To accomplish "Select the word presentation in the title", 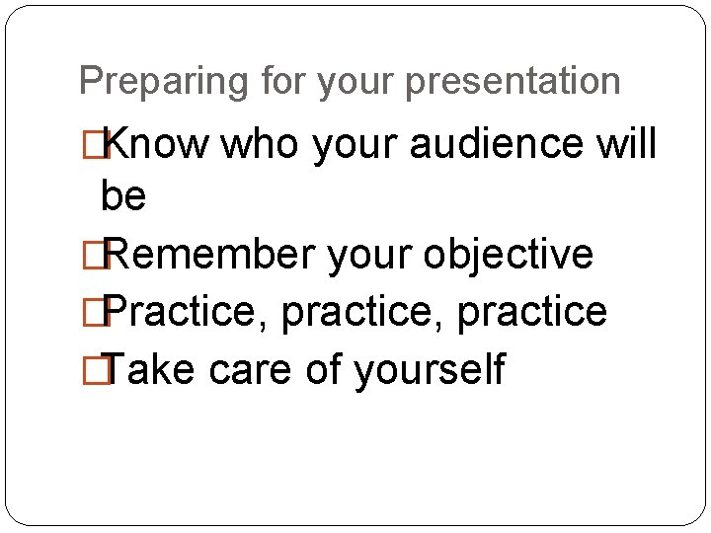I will [x=513, y=81].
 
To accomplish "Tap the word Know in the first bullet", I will [x=156, y=144].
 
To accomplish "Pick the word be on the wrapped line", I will [x=123, y=197].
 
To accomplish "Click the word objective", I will [x=509, y=254].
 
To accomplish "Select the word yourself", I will [x=429, y=369].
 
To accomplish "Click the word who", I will [x=262, y=144].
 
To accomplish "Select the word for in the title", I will [x=285, y=81].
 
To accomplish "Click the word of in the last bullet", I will [x=321, y=369].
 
